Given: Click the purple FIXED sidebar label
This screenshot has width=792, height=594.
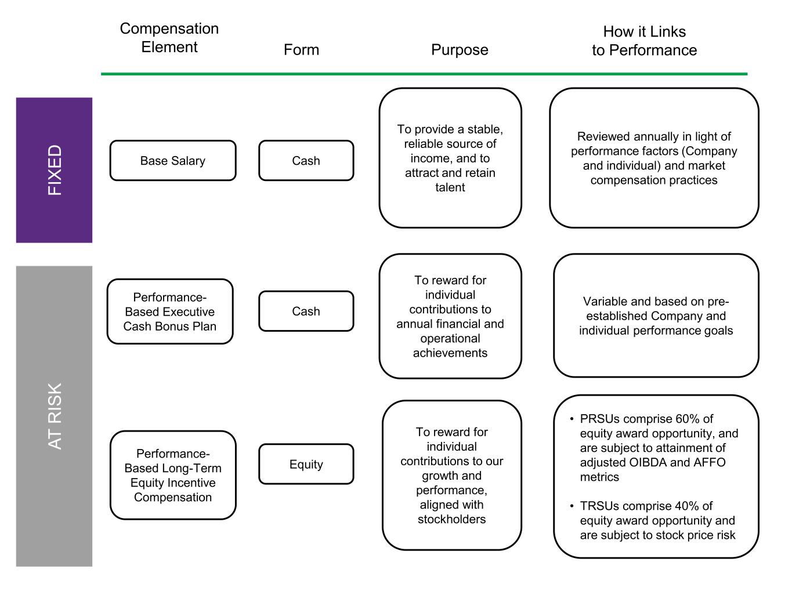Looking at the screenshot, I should pyautogui.click(x=54, y=170).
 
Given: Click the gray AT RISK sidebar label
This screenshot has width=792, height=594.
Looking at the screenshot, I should pyautogui.click(x=54, y=416).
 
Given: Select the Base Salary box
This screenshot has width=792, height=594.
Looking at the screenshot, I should pyautogui.click(x=173, y=161).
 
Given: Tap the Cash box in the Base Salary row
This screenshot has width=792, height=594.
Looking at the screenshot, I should pyautogui.click(x=306, y=161).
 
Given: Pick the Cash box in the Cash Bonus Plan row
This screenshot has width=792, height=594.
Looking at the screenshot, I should pyautogui.click(x=306, y=312).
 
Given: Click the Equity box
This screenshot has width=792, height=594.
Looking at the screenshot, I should pyautogui.click(x=306, y=464).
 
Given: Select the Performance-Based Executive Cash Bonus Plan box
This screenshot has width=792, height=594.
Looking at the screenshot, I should pyautogui.click(x=170, y=312).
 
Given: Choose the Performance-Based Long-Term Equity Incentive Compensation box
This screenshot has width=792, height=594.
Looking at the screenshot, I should pyautogui.click(x=173, y=475).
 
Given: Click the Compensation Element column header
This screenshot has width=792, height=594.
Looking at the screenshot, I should pyautogui.click(x=169, y=38).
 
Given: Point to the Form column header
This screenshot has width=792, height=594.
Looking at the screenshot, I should pyautogui.click(x=301, y=50).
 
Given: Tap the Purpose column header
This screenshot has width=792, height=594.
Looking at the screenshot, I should pyautogui.click(x=460, y=50).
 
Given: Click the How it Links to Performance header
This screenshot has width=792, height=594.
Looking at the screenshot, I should pyautogui.click(x=644, y=41).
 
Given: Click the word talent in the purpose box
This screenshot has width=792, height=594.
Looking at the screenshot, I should pyautogui.click(x=450, y=187).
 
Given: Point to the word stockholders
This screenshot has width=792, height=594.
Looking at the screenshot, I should pyautogui.click(x=451, y=519).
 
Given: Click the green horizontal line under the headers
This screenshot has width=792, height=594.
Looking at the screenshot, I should pyautogui.click(x=424, y=74).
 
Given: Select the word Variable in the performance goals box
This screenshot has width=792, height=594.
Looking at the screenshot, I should pyautogui.click(x=606, y=302).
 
